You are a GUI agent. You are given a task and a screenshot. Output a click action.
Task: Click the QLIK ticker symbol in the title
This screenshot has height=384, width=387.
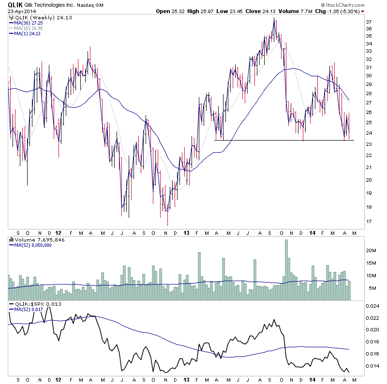(x=15, y=4)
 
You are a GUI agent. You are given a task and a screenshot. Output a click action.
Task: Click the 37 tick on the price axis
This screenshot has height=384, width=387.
(x=369, y=22)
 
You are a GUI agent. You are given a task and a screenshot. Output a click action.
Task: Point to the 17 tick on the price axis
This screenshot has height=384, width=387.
(x=369, y=222)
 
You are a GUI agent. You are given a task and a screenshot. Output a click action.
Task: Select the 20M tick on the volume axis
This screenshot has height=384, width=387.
(x=371, y=251)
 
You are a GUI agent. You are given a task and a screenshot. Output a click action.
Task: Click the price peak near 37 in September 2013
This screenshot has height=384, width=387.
(x=274, y=19)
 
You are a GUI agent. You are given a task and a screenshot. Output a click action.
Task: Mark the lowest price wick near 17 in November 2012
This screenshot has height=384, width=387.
(x=167, y=224)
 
